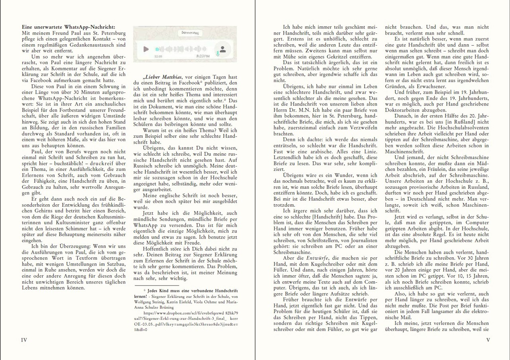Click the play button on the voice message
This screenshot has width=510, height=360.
(x=146, y=49)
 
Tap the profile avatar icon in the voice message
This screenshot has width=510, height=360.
(x=223, y=49)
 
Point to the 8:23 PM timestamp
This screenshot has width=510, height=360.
(x=203, y=57)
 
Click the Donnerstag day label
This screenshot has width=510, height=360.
(x=185, y=32)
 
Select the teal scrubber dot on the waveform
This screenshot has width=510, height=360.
(x=157, y=49)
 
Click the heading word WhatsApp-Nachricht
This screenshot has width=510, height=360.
(x=90, y=27)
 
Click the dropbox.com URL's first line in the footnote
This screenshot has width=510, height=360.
(x=187, y=313)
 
